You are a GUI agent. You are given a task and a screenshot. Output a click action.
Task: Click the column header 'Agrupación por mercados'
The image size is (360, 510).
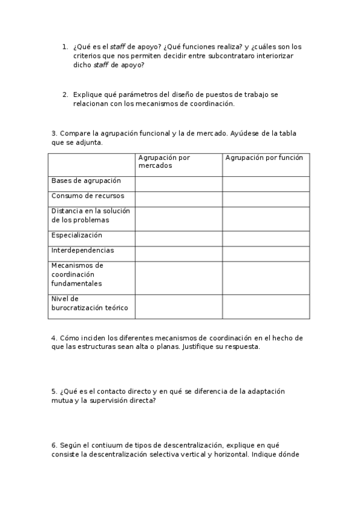tap(164, 161)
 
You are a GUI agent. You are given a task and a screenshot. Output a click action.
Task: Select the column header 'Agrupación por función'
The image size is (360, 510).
tap(264, 158)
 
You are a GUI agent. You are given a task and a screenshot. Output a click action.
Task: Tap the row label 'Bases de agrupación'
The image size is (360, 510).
tap(86, 180)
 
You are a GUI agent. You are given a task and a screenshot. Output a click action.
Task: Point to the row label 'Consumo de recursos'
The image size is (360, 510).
tap(88, 195)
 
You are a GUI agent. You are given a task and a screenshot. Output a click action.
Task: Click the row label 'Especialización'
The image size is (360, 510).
tap(77, 235)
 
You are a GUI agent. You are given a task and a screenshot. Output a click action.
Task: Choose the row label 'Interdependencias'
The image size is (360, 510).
tap(82, 250)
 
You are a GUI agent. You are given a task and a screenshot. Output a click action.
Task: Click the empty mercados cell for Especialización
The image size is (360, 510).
tap(178, 239)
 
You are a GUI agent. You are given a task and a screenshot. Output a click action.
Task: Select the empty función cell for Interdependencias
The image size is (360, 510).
tap(266, 254)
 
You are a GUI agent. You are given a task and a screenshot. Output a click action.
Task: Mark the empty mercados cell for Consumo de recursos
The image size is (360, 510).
tap(178, 199)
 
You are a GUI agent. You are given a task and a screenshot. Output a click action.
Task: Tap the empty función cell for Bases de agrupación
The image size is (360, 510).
tap(266, 184)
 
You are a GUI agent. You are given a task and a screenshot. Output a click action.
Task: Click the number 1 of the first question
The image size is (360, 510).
tap(65, 46)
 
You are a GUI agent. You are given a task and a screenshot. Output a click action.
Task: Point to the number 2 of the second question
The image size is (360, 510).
tap(65, 94)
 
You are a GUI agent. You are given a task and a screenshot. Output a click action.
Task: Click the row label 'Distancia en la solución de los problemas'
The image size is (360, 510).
tap(90, 215)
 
